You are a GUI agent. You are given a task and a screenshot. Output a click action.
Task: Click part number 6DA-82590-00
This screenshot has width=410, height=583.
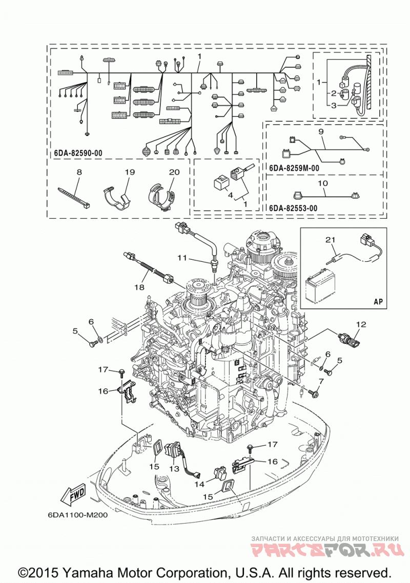pyautogui.click(x=78, y=153)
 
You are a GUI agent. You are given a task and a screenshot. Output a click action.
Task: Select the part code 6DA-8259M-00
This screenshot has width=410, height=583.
pyautogui.click(x=294, y=168)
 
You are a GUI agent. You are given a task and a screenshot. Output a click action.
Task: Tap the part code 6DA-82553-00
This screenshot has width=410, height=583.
pyautogui.click(x=293, y=208)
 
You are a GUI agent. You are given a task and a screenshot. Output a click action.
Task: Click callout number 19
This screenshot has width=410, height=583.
pyautogui.click(x=130, y=172)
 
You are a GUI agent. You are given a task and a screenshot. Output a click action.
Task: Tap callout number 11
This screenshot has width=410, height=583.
pyautogui.click(x=181, y=257)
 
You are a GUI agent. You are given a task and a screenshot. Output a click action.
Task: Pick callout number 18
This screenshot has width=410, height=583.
pyautogui.click(x=139, y=287)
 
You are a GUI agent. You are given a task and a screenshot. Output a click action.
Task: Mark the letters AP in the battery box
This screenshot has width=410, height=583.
pyautogui.click(x=378, y=301)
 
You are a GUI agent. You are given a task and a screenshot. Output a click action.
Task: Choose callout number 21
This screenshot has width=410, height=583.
pyautogui.click(x=331, y=240)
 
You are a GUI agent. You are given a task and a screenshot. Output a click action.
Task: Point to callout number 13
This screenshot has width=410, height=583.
pyautogui.click(x=174, y=469)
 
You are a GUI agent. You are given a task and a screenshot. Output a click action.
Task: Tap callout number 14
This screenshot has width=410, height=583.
pyautogui.click(x=199, y=484)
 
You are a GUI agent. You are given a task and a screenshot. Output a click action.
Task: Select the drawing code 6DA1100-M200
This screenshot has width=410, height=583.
pyautogui.click(x=78, y=515)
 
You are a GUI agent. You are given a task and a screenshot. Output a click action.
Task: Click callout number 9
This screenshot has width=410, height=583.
pyautogui.click(x=321, y=132)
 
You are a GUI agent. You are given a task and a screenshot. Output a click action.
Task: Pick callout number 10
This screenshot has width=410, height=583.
pyautogui.click(x=323, y=183)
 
